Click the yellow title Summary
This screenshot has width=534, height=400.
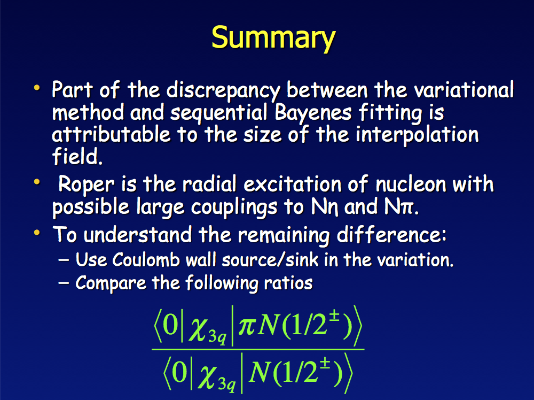click(273, 38)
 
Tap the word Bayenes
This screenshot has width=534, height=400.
click(312, 113)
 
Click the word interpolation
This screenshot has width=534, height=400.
click(417, 135)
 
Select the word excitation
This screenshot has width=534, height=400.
click(292, 184)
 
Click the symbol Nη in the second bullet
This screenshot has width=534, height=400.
click(325, 207)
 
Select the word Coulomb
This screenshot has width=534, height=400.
click(146, 260)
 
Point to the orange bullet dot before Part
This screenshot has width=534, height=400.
click(37, 88)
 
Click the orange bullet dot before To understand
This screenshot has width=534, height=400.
click(37, 233)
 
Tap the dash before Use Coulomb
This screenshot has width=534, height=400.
click(64, 260)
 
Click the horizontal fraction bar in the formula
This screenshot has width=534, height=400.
click(258, 349)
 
